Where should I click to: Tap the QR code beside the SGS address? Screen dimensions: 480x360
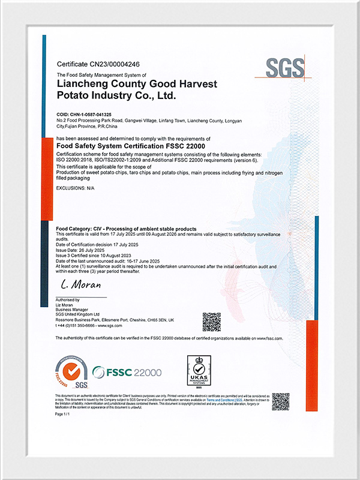(211, 322)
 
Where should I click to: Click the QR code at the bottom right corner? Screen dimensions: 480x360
(280, 401)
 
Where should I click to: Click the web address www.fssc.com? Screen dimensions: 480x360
(269, 338)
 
